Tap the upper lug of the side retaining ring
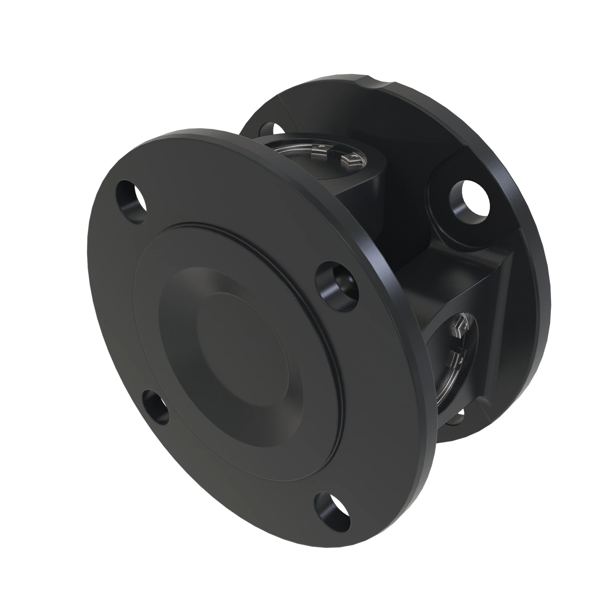[x=458, y=326]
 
